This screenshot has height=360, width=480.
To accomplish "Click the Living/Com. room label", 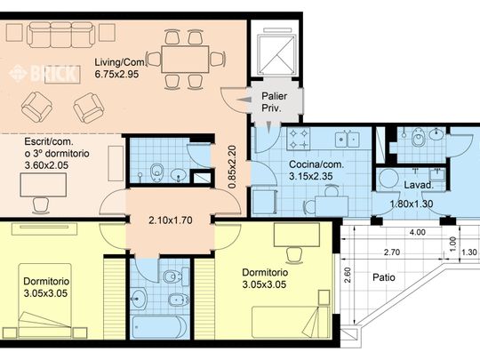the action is pyautogui.click(x=120, y=62).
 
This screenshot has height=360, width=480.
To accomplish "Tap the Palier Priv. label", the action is pyautogui.click(x=274, y=102).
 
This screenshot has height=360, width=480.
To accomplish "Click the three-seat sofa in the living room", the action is pyautogui.click(x=60, y=35).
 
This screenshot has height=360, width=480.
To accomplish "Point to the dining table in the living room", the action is pyautogui.click(x=185, y=59).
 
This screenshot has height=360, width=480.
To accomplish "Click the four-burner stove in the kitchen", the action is pyautogui.click(x=299, y=139).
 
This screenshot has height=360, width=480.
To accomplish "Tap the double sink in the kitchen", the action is pyautogui.click(x=348, y=140).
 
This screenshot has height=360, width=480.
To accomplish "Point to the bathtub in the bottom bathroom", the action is pyautogui.click(x=159, y=327).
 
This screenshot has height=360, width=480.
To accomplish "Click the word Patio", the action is pyautogui.click(x=384, y=277).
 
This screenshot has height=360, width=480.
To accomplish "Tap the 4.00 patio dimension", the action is pyautogui.click(x=418, y=232).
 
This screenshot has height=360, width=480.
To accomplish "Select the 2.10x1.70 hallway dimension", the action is pyautogui.click(x=171, y=220).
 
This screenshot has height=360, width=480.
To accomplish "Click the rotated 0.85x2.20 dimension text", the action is pyautogui.click(x=232, y=167).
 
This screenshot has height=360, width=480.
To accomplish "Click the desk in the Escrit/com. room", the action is pyautogui.click(x=44, y=185).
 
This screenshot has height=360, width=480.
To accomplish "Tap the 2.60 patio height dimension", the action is pyautogui.click(x=348, y=276).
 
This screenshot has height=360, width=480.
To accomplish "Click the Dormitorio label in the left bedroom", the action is pyautogui.click(x=46, y=281).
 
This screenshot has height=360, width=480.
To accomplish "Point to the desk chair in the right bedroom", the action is pyautogui.click(x=293, y=255).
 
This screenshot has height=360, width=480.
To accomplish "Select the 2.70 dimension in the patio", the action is pyautogui.click(x=392, y=252).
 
